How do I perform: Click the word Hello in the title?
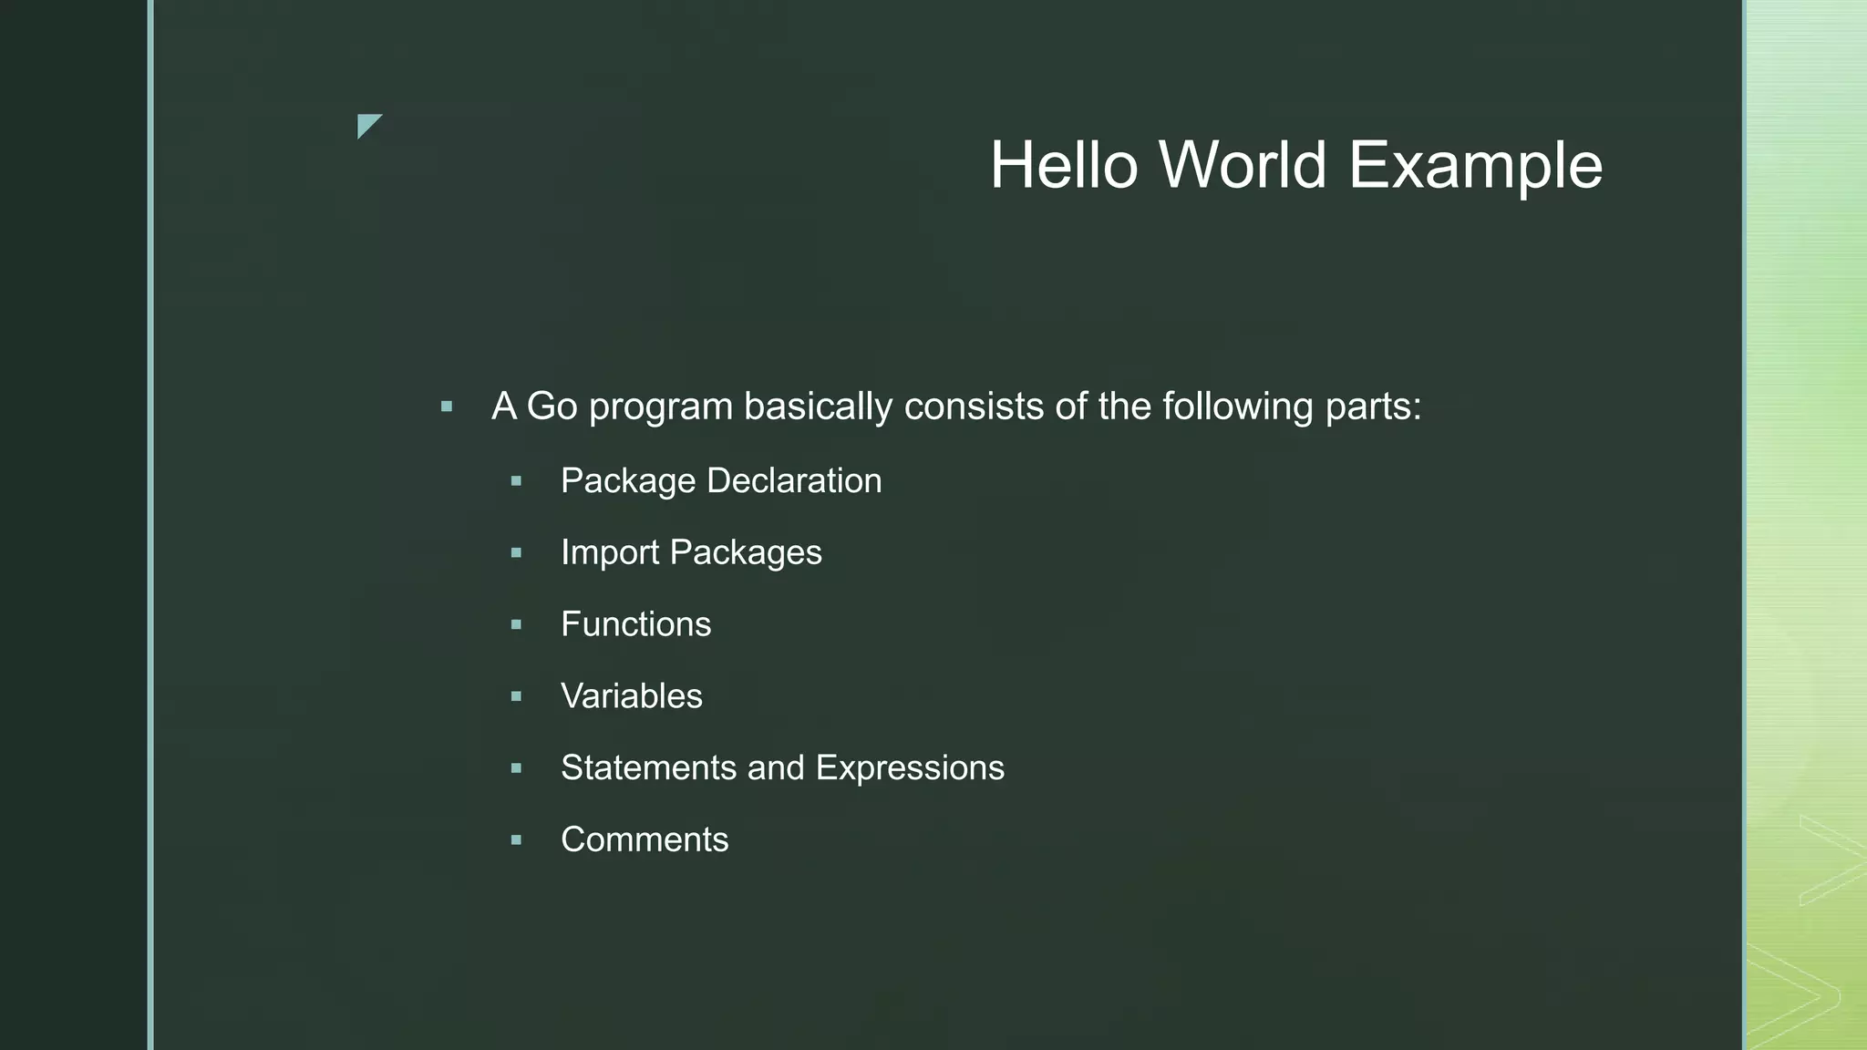[x=1064, y=166]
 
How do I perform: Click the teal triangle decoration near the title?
[x=366, y=124]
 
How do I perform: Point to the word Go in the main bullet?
[x=552, y=407]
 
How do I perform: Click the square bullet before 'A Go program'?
[x=447, y=407]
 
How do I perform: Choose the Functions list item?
[x=635, y=624]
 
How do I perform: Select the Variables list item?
[x=631, y=696]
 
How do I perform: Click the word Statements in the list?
[x=648, y=767]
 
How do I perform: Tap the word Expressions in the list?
[x=910, y=769]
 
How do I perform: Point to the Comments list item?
[x=645, y=839]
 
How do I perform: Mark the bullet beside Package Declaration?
[x=516, y=481]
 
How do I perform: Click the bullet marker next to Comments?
[x=516, y=839]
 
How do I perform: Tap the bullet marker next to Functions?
[x=516, y=624]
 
